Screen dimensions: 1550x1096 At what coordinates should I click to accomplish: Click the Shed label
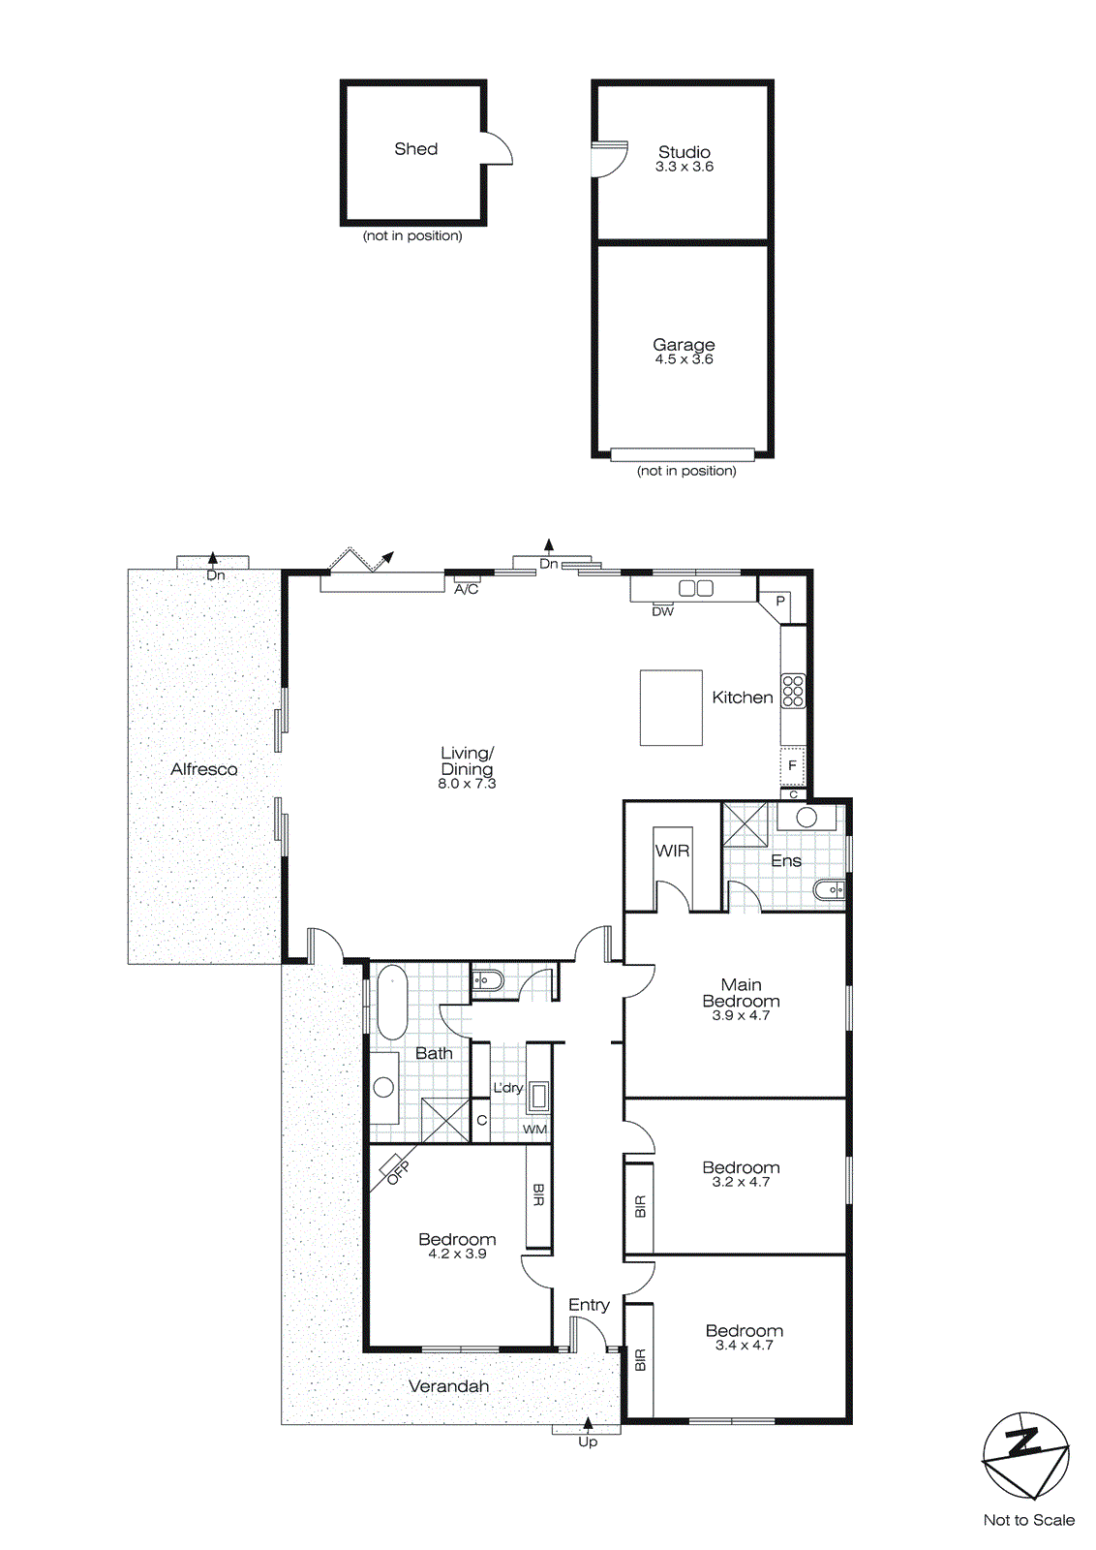pyautogui.click(x=415, y=148)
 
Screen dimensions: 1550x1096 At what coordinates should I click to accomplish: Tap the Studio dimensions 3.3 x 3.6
pyautogui.click(x=684, y=167)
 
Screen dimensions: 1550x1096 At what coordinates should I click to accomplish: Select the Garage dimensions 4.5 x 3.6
pyautogui.click(x=684, y=359)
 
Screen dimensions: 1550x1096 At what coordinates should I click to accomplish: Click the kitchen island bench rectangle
pyautogui.click(x=670, y=707)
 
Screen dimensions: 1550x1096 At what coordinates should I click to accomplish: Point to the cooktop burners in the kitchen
pyautogui.click(x=793, y=691)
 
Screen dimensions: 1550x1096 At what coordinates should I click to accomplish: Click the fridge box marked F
pyautogui.click(x=792, y=765)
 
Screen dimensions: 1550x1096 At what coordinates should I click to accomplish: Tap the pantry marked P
pyautogui.click(x=780, y=602)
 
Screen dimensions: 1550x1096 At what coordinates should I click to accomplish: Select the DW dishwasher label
pyautogui.click(x=662, y=611)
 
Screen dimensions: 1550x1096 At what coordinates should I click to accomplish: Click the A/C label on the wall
pyautogui.click(x=466, y=589)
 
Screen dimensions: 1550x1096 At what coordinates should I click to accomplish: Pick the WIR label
pyautogui.click(x=672, y=851)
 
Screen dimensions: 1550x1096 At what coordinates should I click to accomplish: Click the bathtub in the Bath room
pyautogui.click(x=392, y=1002)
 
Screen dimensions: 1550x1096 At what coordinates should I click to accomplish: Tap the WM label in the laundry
pyautogui.click(x=534, y=1129)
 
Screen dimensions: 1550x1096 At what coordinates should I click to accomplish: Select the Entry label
pyautogui.click(x=589, y=1305)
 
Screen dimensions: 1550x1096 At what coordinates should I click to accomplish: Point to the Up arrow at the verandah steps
pyautogui.click(x=588, y=1424)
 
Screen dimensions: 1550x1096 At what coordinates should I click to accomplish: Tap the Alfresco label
pyautogui.click(x=203, y=769)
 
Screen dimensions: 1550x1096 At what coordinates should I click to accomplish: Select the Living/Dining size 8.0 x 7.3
pyautogui.click(x=467, y=784)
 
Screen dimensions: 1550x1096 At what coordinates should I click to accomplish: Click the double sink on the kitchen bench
pyautogui.click(x=695, y=588)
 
